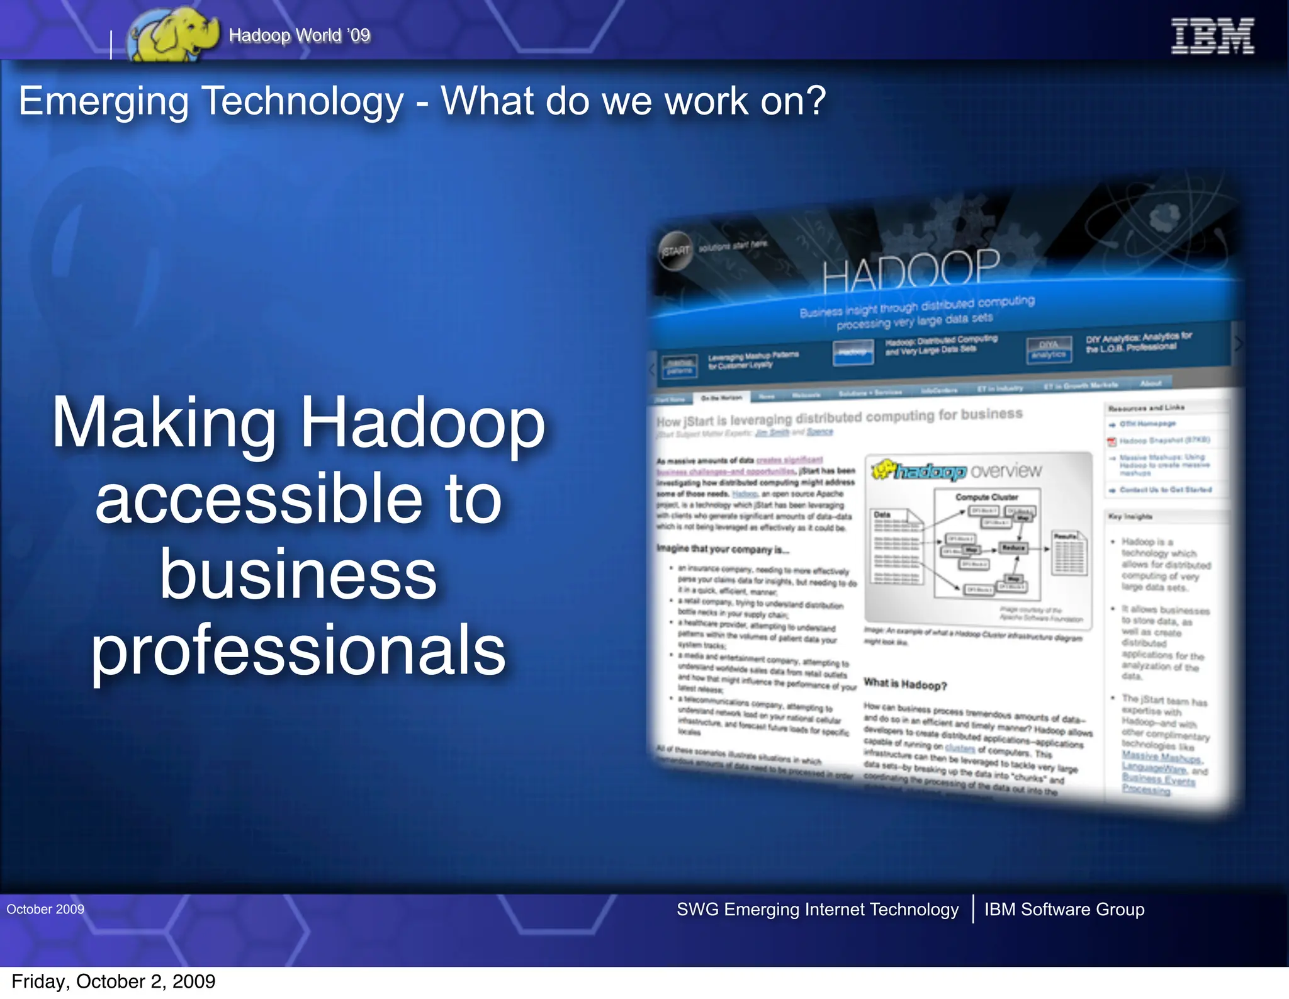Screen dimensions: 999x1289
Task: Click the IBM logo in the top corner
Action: coord(1212,36)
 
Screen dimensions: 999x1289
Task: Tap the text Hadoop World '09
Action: coord(300,35)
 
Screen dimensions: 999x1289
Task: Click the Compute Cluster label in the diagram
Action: coord(986,497)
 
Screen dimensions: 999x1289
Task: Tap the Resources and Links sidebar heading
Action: coord(1146,408)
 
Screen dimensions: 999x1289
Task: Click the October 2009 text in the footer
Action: coord(45,909)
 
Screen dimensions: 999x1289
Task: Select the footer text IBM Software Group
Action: coord(1064,909)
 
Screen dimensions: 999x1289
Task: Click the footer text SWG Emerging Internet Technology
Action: coord(817,909)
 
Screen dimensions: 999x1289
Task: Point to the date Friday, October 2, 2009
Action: coord(113,981)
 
